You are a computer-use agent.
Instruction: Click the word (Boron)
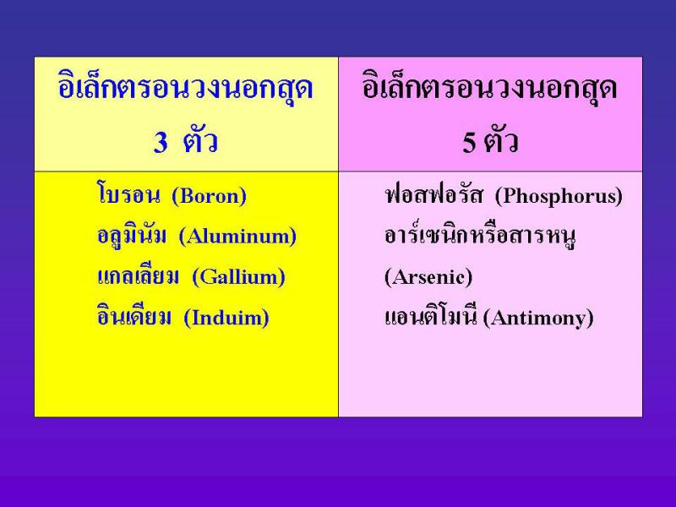[x=209, y=197]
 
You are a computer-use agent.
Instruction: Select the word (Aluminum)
[x=237, y=237]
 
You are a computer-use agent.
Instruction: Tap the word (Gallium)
[x=238, y=277]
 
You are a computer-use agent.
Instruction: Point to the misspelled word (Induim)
[x=226, y=319]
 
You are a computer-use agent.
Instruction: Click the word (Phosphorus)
[x=559, y=197]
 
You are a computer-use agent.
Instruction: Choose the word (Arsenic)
[x=428, y=277]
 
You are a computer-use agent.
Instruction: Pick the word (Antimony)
[x=538, y=319]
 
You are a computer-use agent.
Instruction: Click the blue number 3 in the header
[x=161, y=142]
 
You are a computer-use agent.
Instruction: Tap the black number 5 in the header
[x=469, y=142]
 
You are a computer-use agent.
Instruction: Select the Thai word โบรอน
[x=128, y=194]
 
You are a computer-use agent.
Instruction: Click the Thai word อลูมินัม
[x=132, y=235]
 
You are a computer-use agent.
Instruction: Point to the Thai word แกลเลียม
[x=138, y=275]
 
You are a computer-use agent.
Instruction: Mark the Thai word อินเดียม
[x=134, y=315]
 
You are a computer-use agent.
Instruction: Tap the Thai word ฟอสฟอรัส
[x=433, y=194]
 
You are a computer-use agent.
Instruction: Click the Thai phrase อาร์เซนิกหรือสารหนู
[x=480, y=236]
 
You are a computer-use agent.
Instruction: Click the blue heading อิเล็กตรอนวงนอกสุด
[x=185, y=89]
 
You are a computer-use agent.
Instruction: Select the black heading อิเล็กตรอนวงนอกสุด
[x=490, y=89]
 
